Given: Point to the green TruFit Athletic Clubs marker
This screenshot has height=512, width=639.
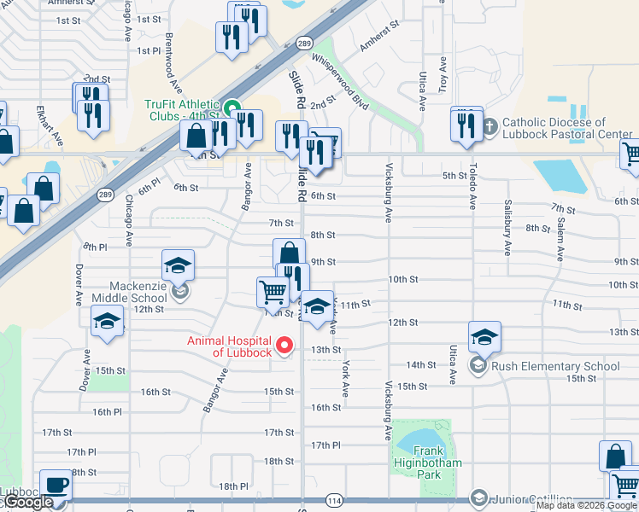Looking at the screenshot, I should (x=232, y=110).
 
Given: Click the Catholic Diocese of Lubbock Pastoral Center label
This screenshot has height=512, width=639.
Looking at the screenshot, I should (x=567, y=128).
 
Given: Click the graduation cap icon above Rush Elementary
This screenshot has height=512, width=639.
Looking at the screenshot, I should (x=484, y=337).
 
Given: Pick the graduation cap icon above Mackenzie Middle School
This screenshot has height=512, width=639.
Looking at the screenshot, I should (x=179, y=265).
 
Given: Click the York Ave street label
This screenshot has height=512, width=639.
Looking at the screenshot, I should (x=345, y=378).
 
